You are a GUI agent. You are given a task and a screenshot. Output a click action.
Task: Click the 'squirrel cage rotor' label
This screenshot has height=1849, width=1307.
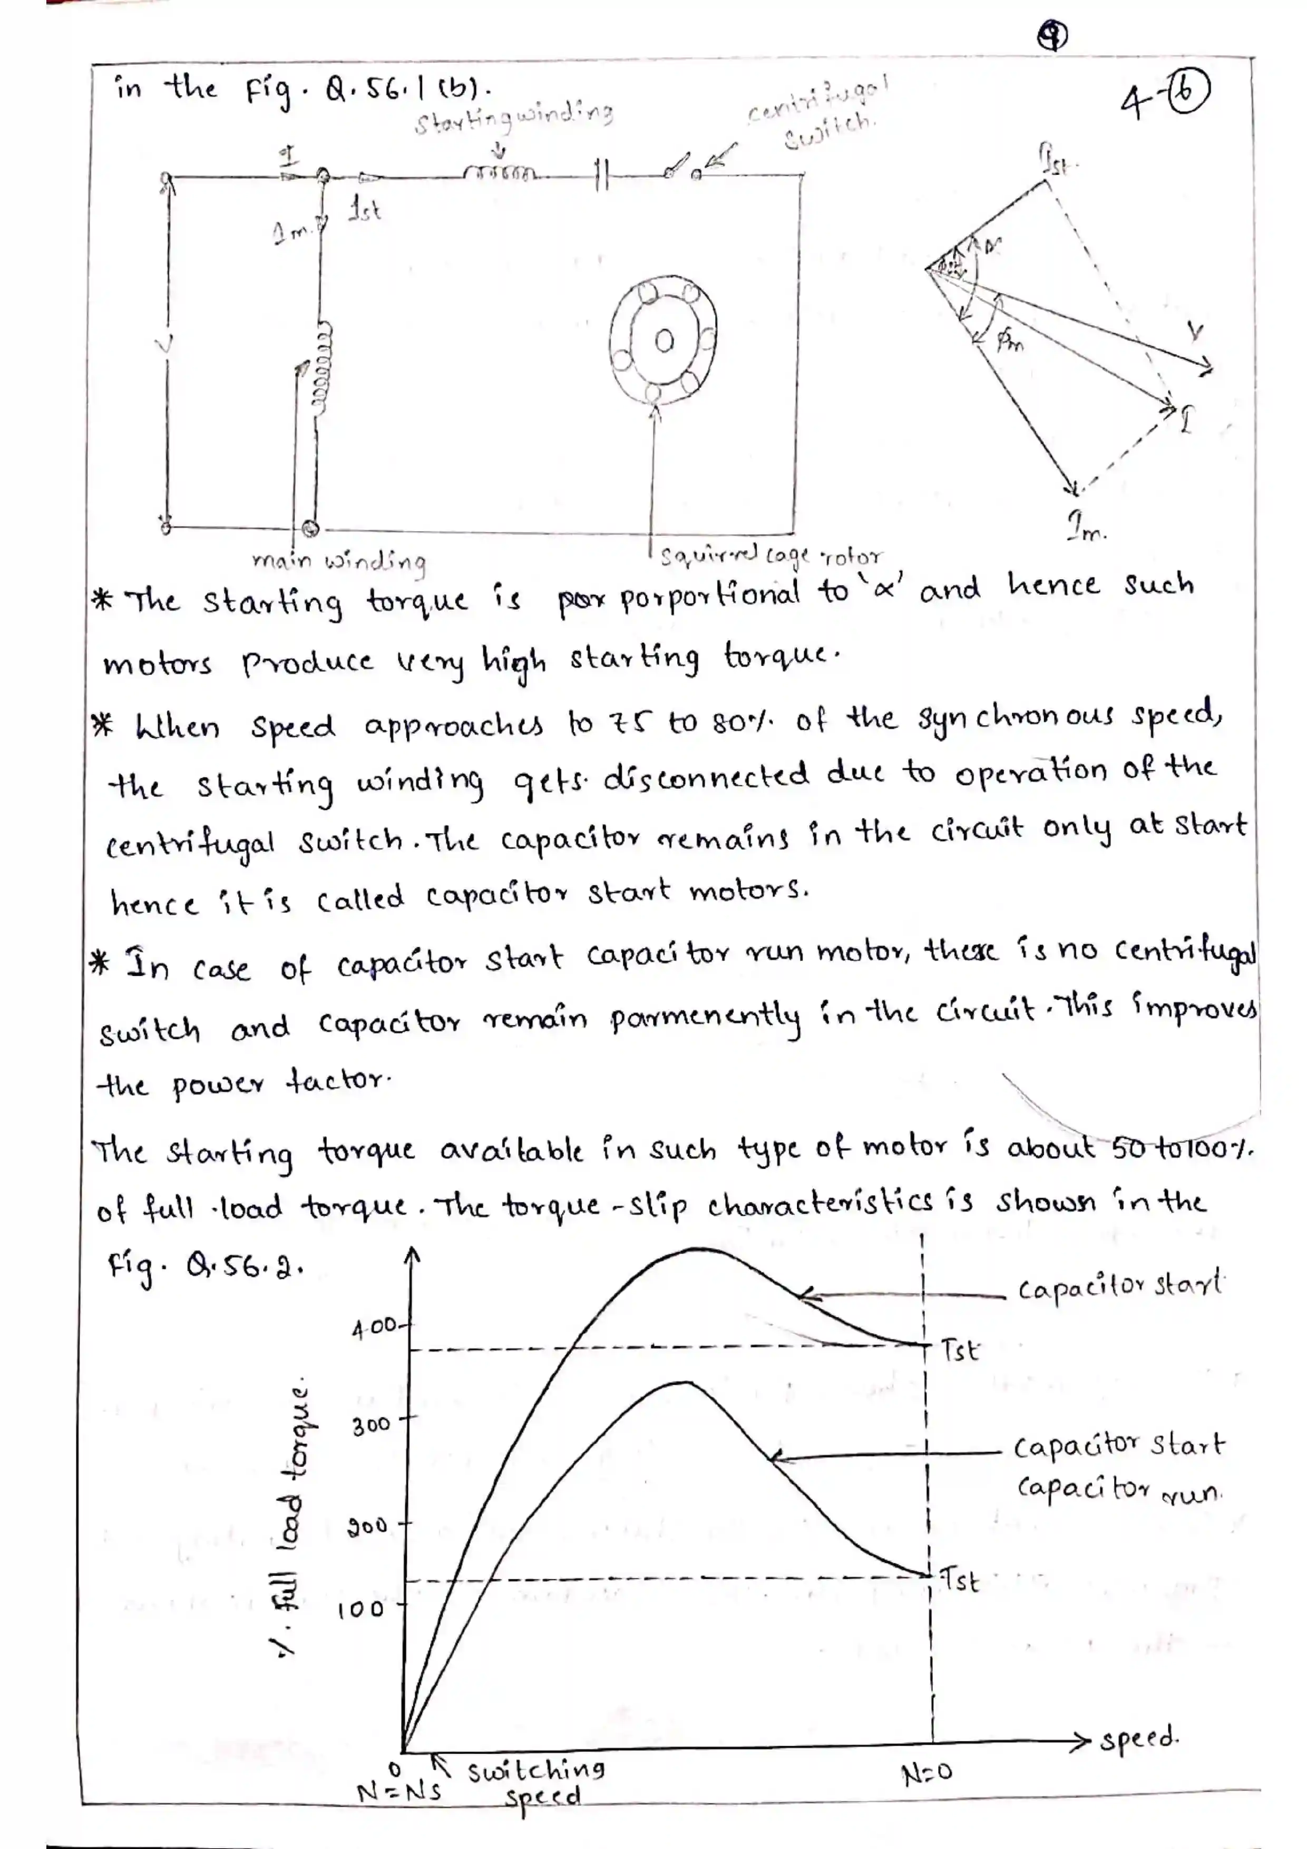(770, 556)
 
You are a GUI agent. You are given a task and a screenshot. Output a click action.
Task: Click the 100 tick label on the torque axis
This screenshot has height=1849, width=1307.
(361, 1610)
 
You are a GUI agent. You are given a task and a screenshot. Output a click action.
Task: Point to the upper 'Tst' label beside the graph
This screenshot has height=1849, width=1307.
(960, 1349)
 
